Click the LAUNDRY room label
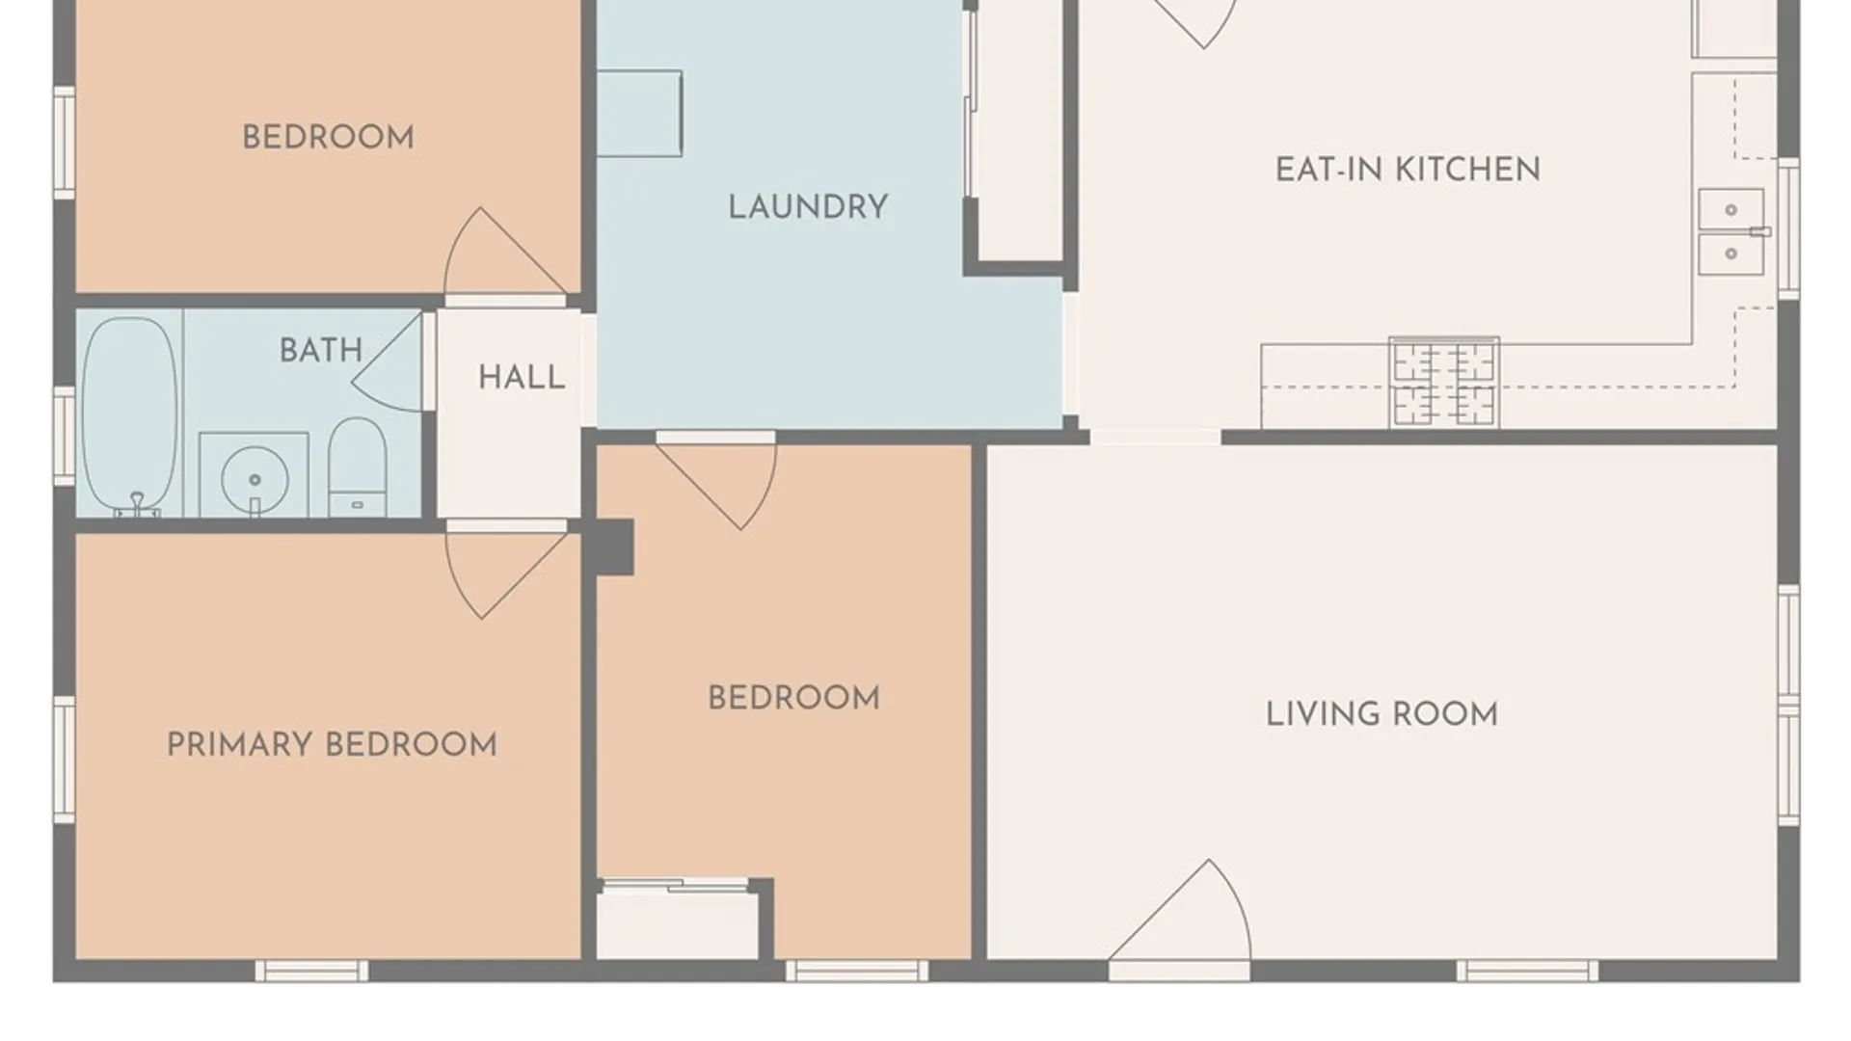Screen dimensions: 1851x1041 [x=808, y=207]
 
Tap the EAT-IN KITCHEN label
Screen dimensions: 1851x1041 [x=1408, y=170]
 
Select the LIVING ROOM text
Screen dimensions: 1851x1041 [x=1382, y=714]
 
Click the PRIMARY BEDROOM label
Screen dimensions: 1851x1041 [x=332, y=744]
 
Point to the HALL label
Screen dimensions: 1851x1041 [x=522, y=377]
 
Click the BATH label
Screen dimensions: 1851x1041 [x=321, y=350]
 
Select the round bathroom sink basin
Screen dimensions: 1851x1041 [x=255, y=479]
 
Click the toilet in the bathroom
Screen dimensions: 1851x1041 [x=358, y=467]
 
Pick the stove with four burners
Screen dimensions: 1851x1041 [x=1443, y=382]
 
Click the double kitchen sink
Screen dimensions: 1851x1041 [x=1731, y=232]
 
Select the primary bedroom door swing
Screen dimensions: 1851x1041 [x=505, y=575]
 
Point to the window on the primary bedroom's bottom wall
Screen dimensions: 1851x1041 [x=311, y=971]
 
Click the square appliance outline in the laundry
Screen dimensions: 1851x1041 [x=639, y=114]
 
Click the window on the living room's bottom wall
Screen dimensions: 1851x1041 [x=1526, y=971]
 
